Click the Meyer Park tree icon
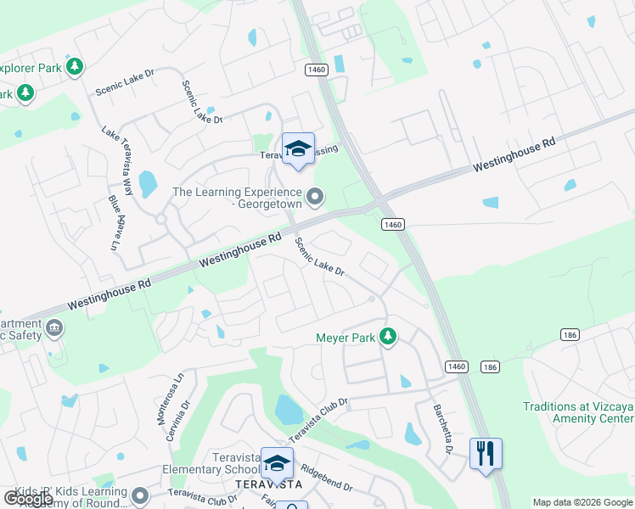pyautogui.click(x=388, y=338)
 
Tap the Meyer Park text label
pyautogui.click(x=346, y=338)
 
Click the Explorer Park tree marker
pyautogui.click(x=76, y=65)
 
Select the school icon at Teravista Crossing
pyautogui.click(x=298, y=149)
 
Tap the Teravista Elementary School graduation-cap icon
pyautogui.click(x=277, y=463)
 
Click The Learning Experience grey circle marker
pyautogui.click(x=316, y=198)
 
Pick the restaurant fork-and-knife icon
pyautogui.click(x=486, y=452)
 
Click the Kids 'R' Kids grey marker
pyautogui.click(x=139, y=496)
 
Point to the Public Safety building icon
pyautogui.click(x=55, y=327)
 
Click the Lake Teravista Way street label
pyautogui.click(x=117, y=161)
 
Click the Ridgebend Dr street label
pyautogui.click(x=326, y=479)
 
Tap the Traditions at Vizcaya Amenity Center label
pyautogui.click(x=578, y=412)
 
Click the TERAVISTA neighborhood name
pyautogui.click(x=268, y=484)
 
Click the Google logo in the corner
pyautogui.click(x=28, y=499)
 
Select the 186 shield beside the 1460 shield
pyautogui.click(x=490, y=366)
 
